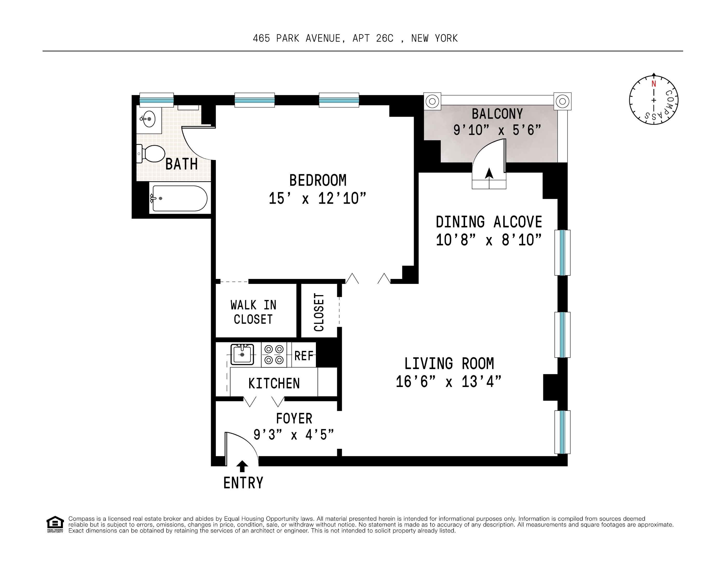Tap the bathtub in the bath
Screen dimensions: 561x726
(180, 198)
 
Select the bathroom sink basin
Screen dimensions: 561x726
(149, 119)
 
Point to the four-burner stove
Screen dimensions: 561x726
(274, 355)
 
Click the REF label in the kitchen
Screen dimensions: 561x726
(303, 356)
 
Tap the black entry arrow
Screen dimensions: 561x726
(242, 466)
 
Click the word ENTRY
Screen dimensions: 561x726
(243, 483)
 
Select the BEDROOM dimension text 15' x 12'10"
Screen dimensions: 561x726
(317, 198)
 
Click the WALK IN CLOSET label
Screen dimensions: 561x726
(253, 312)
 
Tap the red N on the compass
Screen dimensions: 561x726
(654, 84)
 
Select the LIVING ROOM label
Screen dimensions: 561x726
(449, 363)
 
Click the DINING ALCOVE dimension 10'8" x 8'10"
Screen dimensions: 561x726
(489, 240)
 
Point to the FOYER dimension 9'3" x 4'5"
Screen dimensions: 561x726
(294, 435)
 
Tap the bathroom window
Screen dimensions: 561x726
(156, 100)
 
